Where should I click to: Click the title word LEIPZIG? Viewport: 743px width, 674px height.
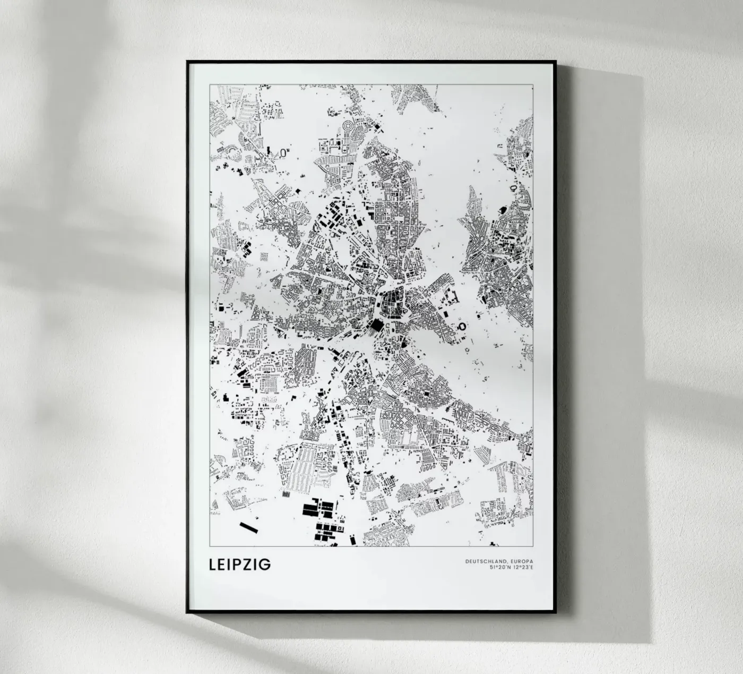pyautogui.click(x=240, y=564)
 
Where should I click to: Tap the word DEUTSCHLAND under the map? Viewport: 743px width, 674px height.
pyautogui.click(x=485, y=561)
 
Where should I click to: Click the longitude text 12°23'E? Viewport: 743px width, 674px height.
pyautogui.click(x=523, y=567)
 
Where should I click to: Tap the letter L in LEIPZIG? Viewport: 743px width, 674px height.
pyautogui.click(x=214, y=564)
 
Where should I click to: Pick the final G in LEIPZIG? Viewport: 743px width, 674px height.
pyautogui.click(x=265, y=564)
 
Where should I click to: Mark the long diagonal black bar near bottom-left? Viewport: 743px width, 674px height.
pyautogui.click(x=248, y=527)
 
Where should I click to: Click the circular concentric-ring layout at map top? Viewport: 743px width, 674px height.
pyautogui.click(x=348, y=127)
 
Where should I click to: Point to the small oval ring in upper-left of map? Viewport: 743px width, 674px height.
pyautogui.click(x=284, y=151)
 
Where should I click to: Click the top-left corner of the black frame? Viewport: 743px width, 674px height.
pyautogui.click(x=187, y=61)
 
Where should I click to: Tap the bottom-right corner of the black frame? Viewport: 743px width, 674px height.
pyautogui.click(x=556, y=612)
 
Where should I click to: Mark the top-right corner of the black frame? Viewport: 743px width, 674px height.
pyautogui.click(x=555, y=61)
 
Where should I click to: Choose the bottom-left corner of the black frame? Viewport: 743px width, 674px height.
pyautogui.click(x=187, y=612)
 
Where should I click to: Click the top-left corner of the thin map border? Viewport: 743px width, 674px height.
pyautogui.click(x=210, y=84)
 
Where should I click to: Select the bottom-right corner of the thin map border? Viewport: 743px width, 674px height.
pyautogui.click(x=533, y=546)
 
